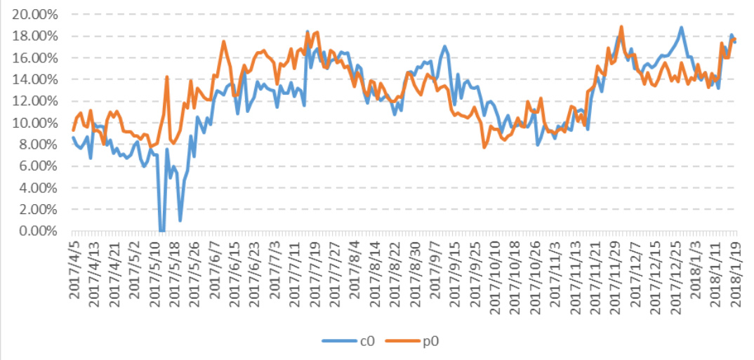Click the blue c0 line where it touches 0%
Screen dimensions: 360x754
162,231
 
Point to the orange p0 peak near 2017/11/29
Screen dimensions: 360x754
621,27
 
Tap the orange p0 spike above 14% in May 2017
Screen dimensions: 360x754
167,76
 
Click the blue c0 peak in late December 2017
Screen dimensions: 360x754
681,28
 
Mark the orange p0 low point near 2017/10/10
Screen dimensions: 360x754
484,147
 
